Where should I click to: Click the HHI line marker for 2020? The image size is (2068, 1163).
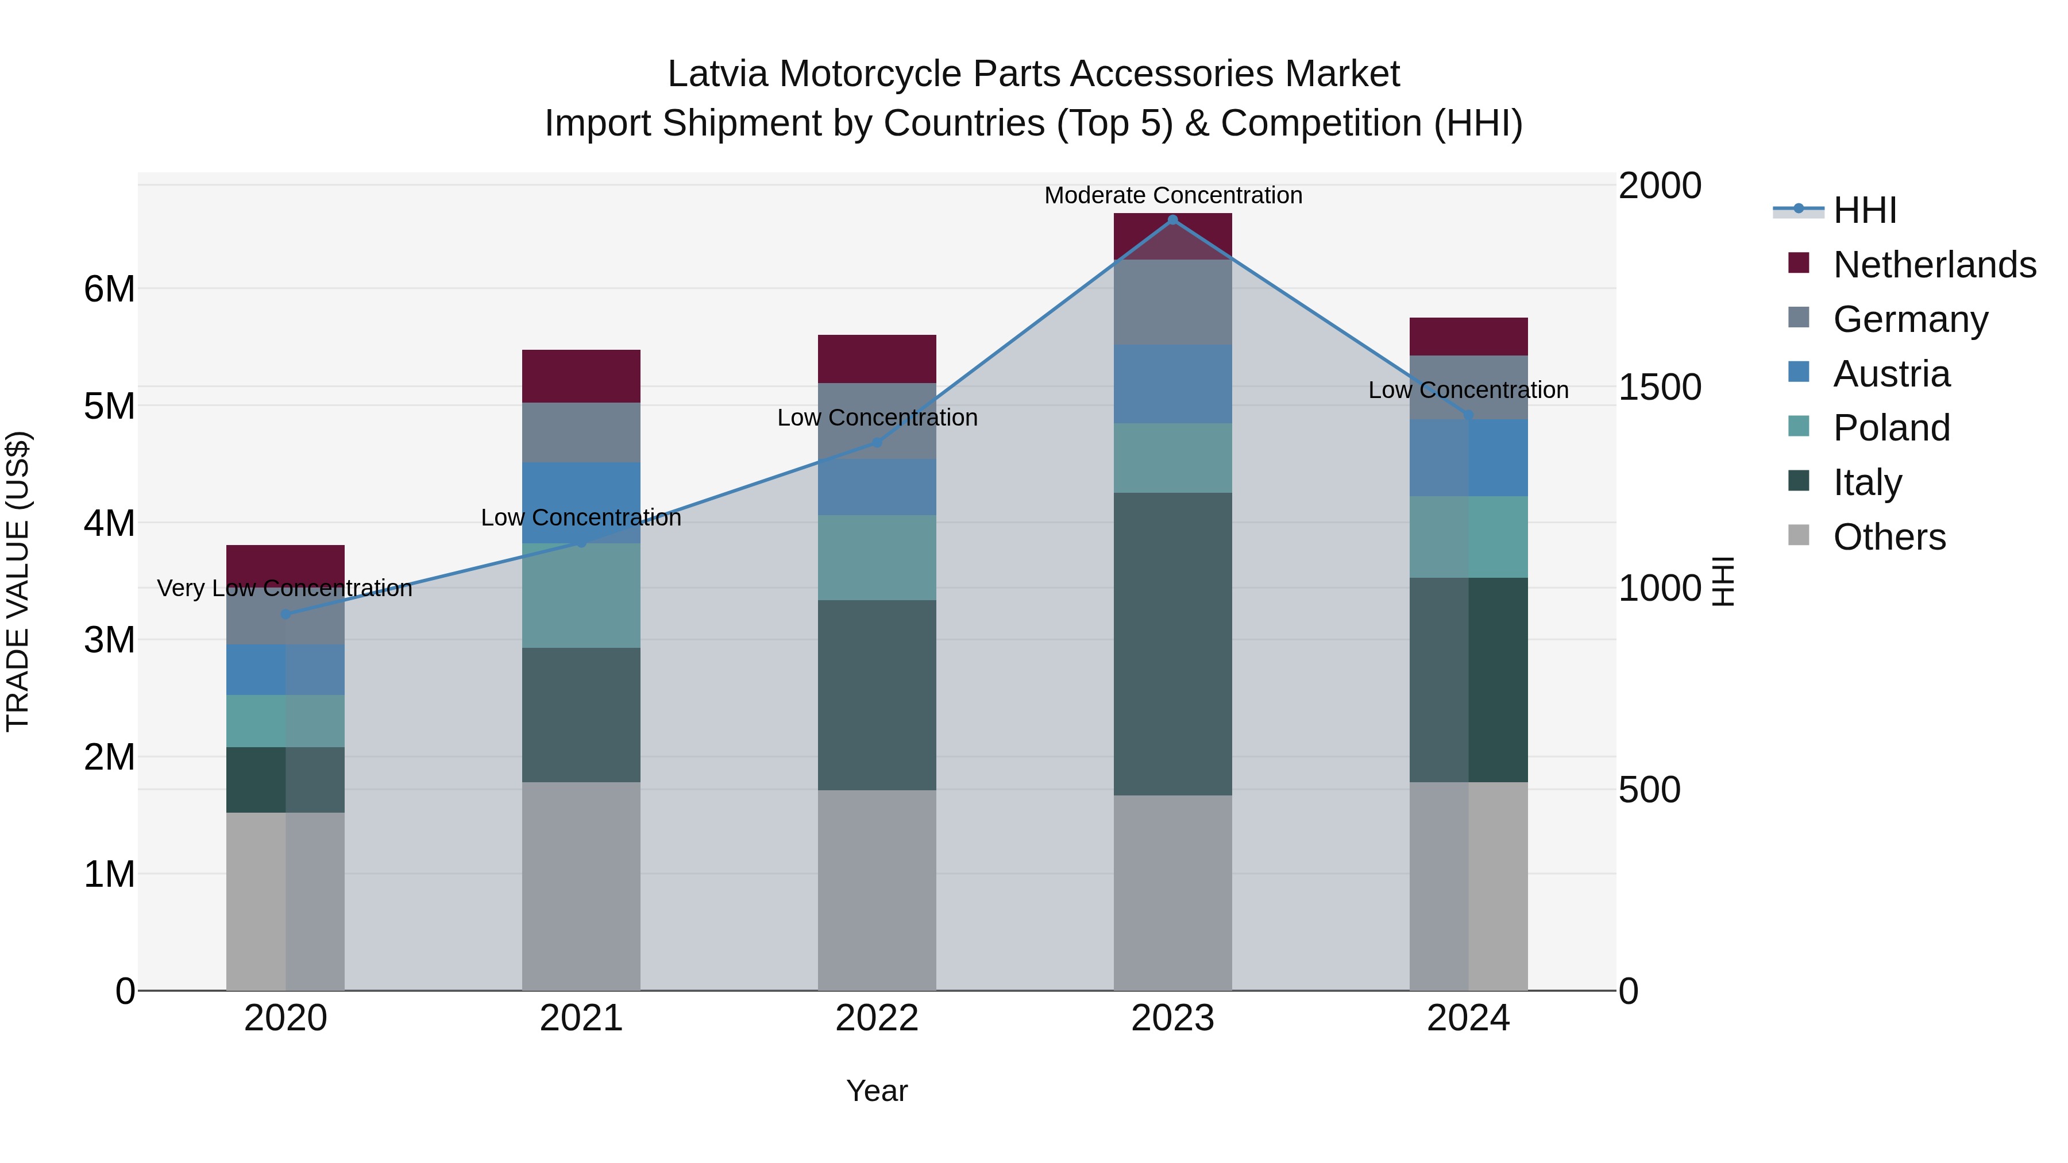coord(286,614)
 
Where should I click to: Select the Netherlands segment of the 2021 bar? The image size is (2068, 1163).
coord(581,376)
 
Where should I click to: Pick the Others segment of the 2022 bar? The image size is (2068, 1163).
coord(877,890)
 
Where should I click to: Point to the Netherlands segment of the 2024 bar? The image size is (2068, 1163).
coord(1468,337)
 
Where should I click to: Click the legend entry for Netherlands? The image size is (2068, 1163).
coord(1934,265)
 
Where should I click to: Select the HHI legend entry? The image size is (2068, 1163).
coord(1865,210)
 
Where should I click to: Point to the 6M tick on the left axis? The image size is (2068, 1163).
coord(109,289)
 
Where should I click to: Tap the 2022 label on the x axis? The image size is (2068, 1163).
coord(877,1018)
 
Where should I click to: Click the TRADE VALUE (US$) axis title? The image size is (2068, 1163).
coord(18,581)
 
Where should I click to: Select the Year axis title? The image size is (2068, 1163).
coord(877,1091)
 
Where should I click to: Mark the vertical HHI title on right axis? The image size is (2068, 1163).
coord(1723,581)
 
